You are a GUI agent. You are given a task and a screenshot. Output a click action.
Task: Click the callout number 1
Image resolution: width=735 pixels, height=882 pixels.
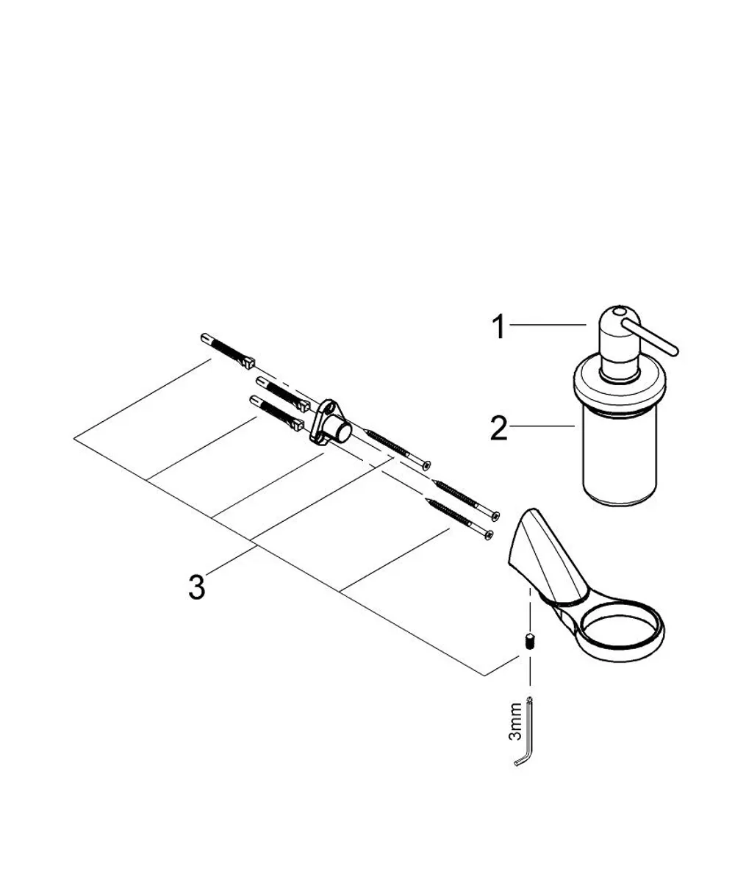499,326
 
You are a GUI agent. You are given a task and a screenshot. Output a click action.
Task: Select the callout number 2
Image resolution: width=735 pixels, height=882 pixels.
498,428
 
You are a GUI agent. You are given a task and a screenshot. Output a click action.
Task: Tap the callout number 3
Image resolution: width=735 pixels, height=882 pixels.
197,587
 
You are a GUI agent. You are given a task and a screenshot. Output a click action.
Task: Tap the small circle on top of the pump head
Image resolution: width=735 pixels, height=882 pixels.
618,312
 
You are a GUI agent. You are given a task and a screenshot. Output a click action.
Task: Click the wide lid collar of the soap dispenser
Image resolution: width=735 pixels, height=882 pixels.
620,385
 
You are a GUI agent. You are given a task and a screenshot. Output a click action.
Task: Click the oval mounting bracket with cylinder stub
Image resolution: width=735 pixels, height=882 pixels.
331,426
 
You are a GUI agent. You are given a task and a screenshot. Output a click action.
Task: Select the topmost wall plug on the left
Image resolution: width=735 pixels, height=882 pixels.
227,351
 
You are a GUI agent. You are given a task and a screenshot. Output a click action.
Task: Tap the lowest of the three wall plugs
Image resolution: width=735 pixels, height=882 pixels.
276,413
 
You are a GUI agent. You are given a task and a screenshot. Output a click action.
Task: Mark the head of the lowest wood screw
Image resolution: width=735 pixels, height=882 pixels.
489,535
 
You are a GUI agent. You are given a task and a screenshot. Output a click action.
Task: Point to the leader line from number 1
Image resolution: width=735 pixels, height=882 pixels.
548,324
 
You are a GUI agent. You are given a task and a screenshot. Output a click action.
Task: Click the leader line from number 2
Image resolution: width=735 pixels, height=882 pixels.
542,426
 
